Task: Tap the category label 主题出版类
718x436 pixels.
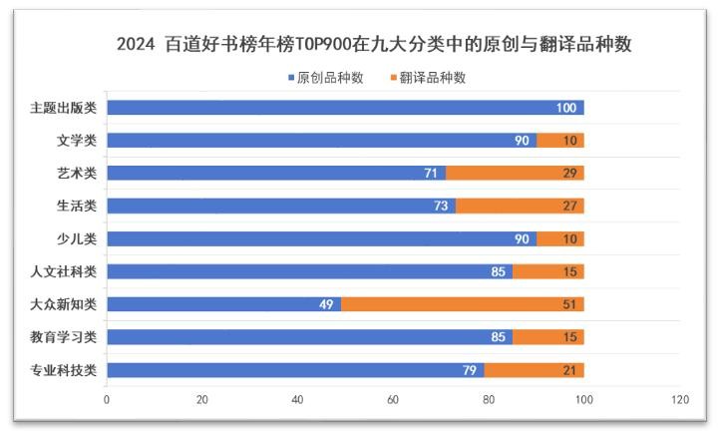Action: click(63, 108)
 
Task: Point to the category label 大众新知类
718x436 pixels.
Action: click(63, 304)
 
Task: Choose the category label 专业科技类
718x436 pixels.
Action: click(63, 371)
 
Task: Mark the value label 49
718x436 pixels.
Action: click(325, 304)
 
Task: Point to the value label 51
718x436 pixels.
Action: click(568, 304)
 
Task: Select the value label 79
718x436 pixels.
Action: click(469, 371)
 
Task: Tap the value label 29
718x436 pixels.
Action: click(568, 173)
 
